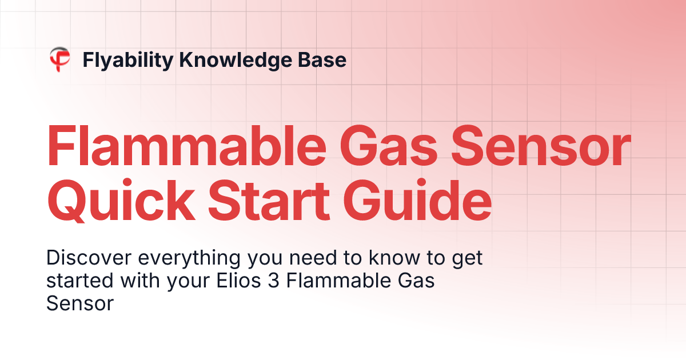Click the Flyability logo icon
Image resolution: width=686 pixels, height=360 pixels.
[x=59, y=59]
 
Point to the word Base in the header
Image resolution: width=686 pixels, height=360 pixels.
[x=325, y=59]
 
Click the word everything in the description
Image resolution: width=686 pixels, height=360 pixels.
[x=184, y=259]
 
